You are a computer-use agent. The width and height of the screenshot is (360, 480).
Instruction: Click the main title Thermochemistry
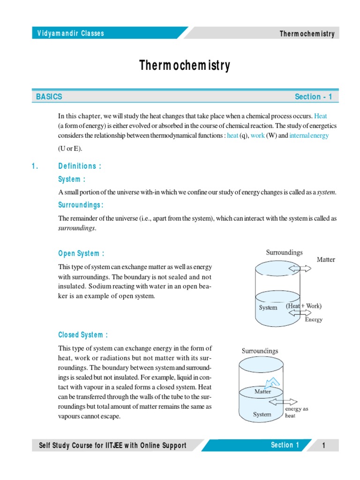click(185, 66)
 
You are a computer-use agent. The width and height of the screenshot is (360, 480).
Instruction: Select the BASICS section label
click(49, 97)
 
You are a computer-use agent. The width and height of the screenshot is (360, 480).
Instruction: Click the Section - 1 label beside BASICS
click(313, 97)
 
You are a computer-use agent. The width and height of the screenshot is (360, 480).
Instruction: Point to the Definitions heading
click(80, 166)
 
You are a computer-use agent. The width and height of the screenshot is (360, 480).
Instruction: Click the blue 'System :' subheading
click(72, 179)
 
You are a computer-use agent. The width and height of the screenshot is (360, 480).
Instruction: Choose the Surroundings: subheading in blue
click(81, 205)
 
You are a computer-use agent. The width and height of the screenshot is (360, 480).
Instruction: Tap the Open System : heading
click(81, 254)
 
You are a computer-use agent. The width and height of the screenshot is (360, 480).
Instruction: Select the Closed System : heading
click(83, 335)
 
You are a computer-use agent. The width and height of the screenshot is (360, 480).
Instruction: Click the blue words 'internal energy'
click(309, 135)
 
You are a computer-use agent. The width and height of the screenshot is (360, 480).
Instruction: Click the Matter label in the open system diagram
click(326, 259)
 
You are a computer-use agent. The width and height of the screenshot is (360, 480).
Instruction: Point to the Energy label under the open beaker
click(314, 320)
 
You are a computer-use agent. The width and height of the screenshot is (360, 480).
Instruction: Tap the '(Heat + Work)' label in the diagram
click(303, 306)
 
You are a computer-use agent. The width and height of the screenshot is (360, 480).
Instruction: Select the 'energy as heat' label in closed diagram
click(297, 412)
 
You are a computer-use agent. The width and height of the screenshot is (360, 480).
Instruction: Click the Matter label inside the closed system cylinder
click(262, 391)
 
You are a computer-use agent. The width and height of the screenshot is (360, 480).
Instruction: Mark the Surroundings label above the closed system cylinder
click(260, 351)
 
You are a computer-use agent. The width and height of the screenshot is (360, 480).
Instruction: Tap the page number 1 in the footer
click(323, 445)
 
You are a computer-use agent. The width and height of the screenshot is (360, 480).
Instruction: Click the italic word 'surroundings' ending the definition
click(76, 228)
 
